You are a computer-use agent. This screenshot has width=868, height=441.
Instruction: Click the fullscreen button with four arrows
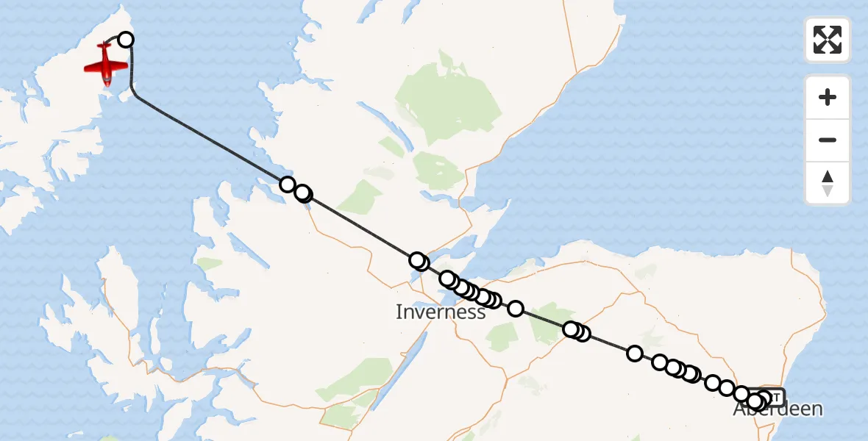828,40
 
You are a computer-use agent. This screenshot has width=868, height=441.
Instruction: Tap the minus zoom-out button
828,140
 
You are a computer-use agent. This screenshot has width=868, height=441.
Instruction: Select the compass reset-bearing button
828,183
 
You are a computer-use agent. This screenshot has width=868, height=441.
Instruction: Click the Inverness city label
441,312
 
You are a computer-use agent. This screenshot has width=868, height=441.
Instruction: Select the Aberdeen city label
778,409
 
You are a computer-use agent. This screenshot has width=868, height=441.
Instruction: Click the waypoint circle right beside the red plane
126,40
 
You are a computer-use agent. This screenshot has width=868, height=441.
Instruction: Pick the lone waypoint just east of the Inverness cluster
516,309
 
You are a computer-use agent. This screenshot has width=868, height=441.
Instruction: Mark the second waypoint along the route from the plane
288,184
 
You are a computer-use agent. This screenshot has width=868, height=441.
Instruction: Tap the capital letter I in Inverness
399,312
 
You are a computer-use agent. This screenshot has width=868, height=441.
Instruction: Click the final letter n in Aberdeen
816,409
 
